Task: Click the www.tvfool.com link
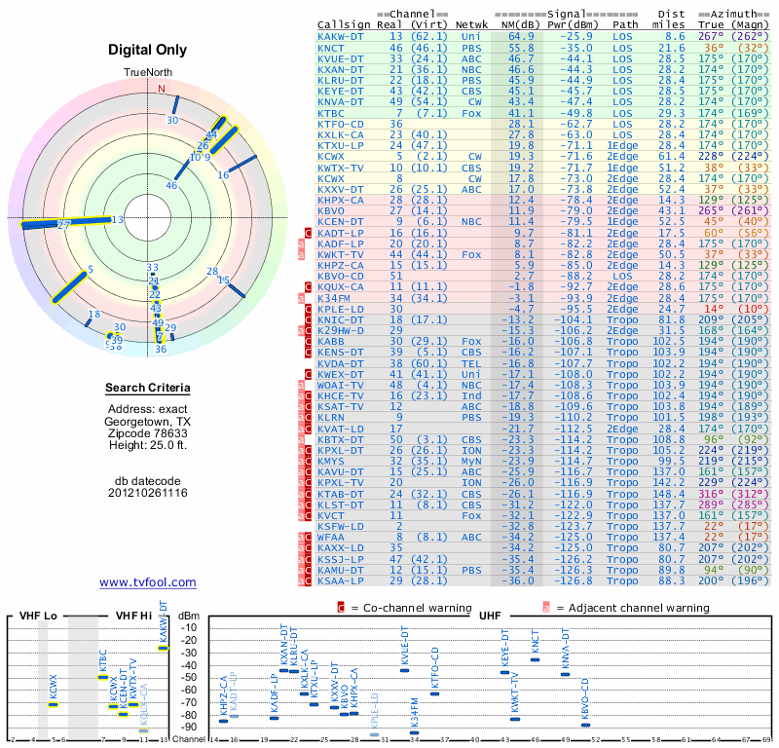[x=148, y=582]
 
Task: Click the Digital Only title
[x=148, y=50]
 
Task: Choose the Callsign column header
[x=344, y=23]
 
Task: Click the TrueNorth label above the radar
[x=147, y=73]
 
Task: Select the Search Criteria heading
[x=148, y=390]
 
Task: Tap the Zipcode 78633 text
[x=148, y=434]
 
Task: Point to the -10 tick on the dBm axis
[x=189, y=627]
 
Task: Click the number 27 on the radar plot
[x=64, y=225]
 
